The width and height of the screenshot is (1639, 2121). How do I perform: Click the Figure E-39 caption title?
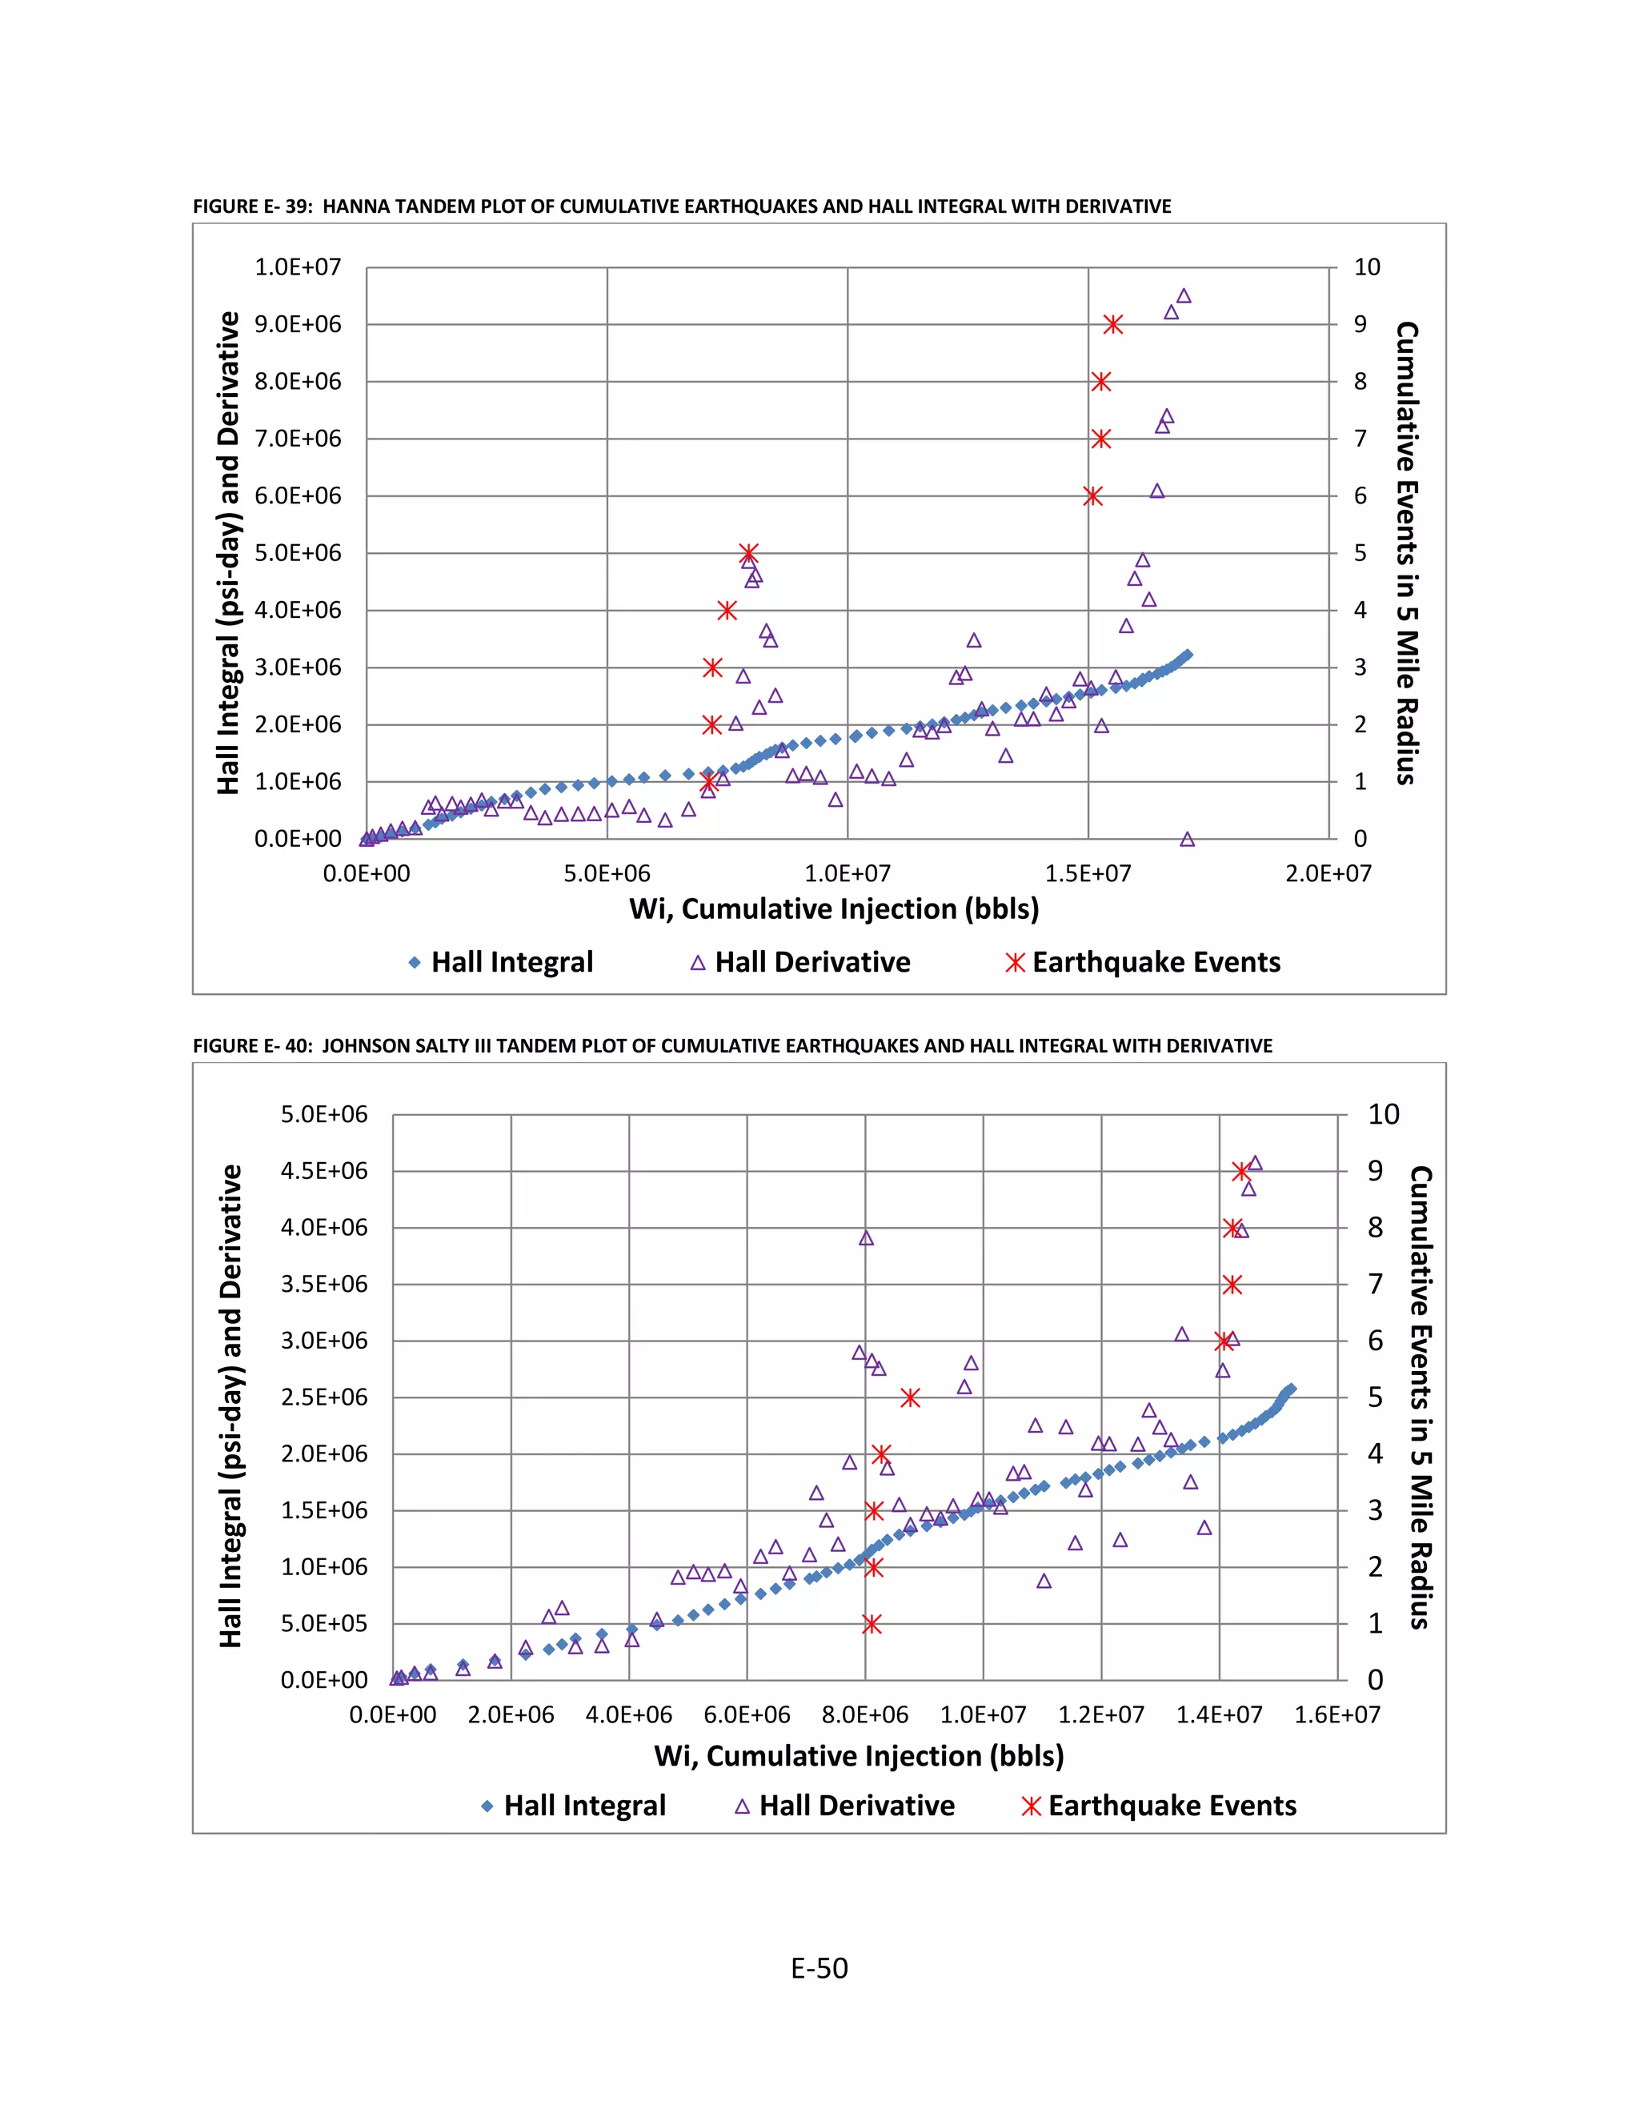(x=682, y=206)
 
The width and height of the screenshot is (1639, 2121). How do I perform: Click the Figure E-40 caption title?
(x=732, y=1046)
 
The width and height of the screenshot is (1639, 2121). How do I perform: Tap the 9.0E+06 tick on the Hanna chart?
(x=298, y=324)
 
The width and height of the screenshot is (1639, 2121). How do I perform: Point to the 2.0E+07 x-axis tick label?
(x=1328, y=873)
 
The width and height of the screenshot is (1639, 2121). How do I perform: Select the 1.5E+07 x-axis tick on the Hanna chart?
(x=1088, y=873)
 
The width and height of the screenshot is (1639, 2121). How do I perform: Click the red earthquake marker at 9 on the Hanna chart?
(x=1112, y=324)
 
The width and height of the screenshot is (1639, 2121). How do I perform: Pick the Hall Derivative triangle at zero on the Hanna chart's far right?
(x=1187, y=839)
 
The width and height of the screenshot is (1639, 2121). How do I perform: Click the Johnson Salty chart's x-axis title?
(x=859, y=1756)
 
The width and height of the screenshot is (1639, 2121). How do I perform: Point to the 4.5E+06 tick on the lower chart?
(x=324, y=1171)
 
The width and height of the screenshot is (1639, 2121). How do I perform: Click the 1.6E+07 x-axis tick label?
(x=1337, y=1715)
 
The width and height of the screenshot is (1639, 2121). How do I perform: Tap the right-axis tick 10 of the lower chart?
(x=1383, y=1114)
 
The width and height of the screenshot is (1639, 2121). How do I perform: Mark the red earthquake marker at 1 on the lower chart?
(x=872, y=1624)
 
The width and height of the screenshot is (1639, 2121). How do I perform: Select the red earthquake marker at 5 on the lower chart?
(x=910, y=1397)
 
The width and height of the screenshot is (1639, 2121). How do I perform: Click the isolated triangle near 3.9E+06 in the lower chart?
(x=866, y=1238)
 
